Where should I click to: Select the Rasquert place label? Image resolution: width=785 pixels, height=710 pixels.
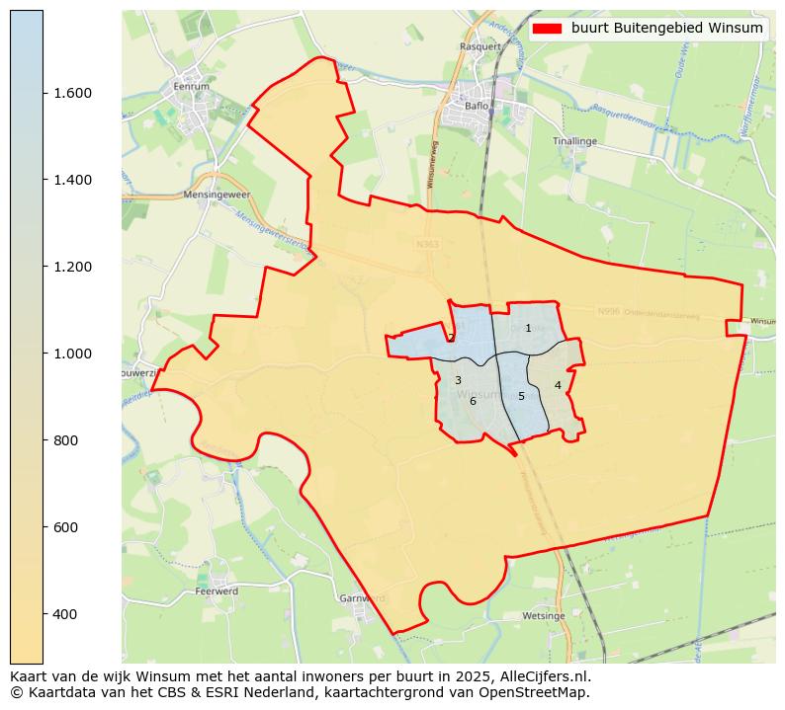coord(481,46)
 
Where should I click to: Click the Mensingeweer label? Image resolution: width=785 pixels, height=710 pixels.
coord(213,196)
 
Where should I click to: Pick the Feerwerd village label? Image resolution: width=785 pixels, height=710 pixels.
coord(217,592)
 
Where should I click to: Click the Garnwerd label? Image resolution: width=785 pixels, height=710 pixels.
coord(361,598)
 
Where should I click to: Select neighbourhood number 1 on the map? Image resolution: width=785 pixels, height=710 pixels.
coord(528,328)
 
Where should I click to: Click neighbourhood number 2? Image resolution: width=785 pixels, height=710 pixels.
coord(451,338)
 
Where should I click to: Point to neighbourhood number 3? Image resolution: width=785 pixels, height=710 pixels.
coord(458,380)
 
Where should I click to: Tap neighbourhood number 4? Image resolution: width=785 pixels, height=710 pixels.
coord(558,385)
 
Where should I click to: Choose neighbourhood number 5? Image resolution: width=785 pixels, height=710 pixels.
coord(521,396)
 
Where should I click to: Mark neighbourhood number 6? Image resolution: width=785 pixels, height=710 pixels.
coord(473,401)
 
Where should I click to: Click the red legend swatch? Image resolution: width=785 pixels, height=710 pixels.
coord(547,29)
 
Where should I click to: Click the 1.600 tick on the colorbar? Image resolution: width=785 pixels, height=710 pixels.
coord(72,93)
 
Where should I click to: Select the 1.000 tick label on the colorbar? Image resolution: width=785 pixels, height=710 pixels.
coord(72,354)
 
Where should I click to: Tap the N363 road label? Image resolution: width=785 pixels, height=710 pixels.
coord(427,244)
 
